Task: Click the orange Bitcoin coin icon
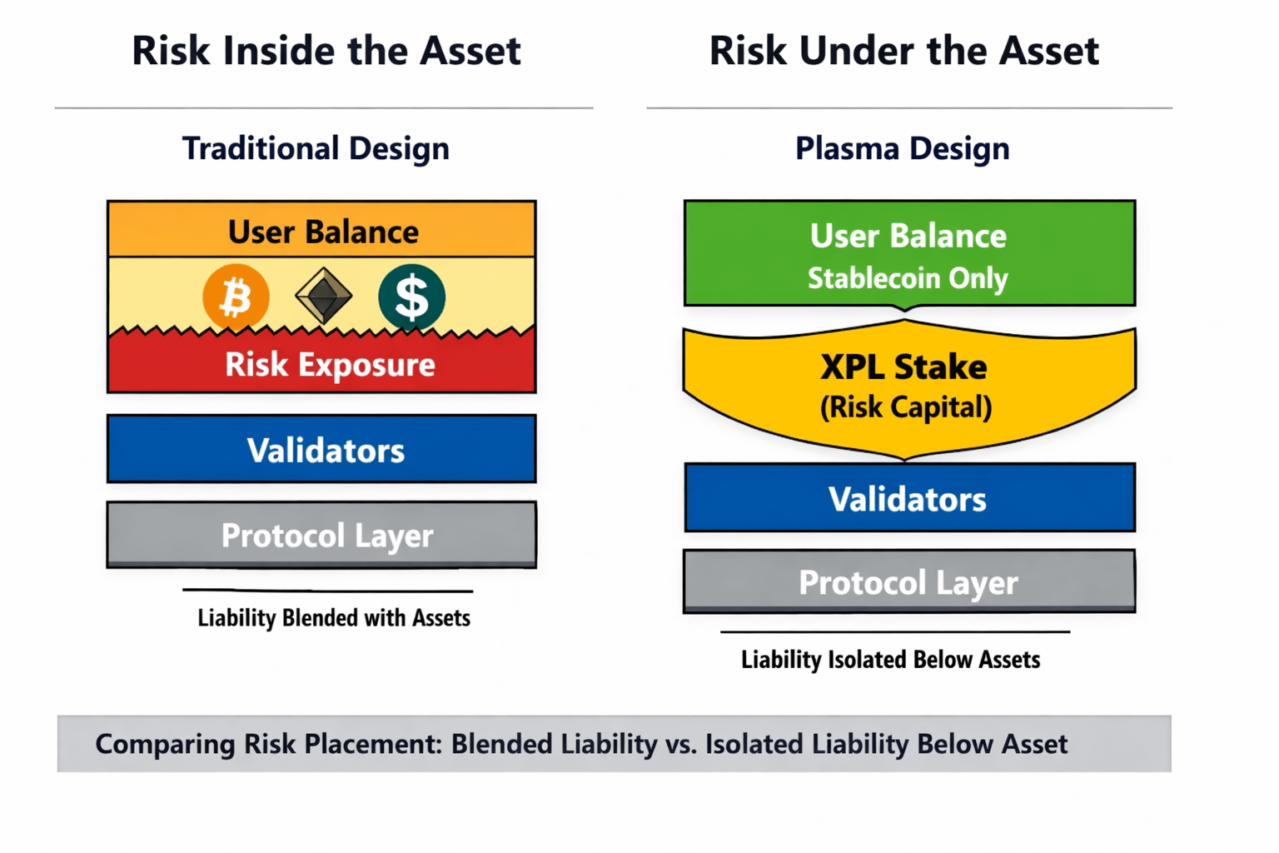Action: click(x=236, y=297)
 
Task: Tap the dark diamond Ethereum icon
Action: click(x=324, y=296)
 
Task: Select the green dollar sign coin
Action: click(x=411, y=297)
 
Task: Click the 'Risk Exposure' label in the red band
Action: click(x=330, y=365)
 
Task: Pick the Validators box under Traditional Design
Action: click(x=321, y=449)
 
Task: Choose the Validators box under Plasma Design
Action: click(x=909, y=497)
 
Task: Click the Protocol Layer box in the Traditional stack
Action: click(x=321, y=535)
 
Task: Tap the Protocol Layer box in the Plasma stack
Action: click(x=909, y=581)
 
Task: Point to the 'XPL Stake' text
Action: click(x=903, y=367)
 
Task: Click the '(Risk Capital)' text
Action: click(x=906, y=407)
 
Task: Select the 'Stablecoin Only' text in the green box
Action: click(x=908, y=278)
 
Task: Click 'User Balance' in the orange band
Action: click(x=323, y=232)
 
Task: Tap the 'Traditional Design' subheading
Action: click(x=316, y=148)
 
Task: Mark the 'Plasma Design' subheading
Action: click(x=903, y=148)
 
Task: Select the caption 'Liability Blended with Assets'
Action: click(x=334, y=618)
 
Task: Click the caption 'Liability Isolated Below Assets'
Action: click(x=891, y=660)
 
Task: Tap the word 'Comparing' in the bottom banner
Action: click(x=165, y=745)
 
